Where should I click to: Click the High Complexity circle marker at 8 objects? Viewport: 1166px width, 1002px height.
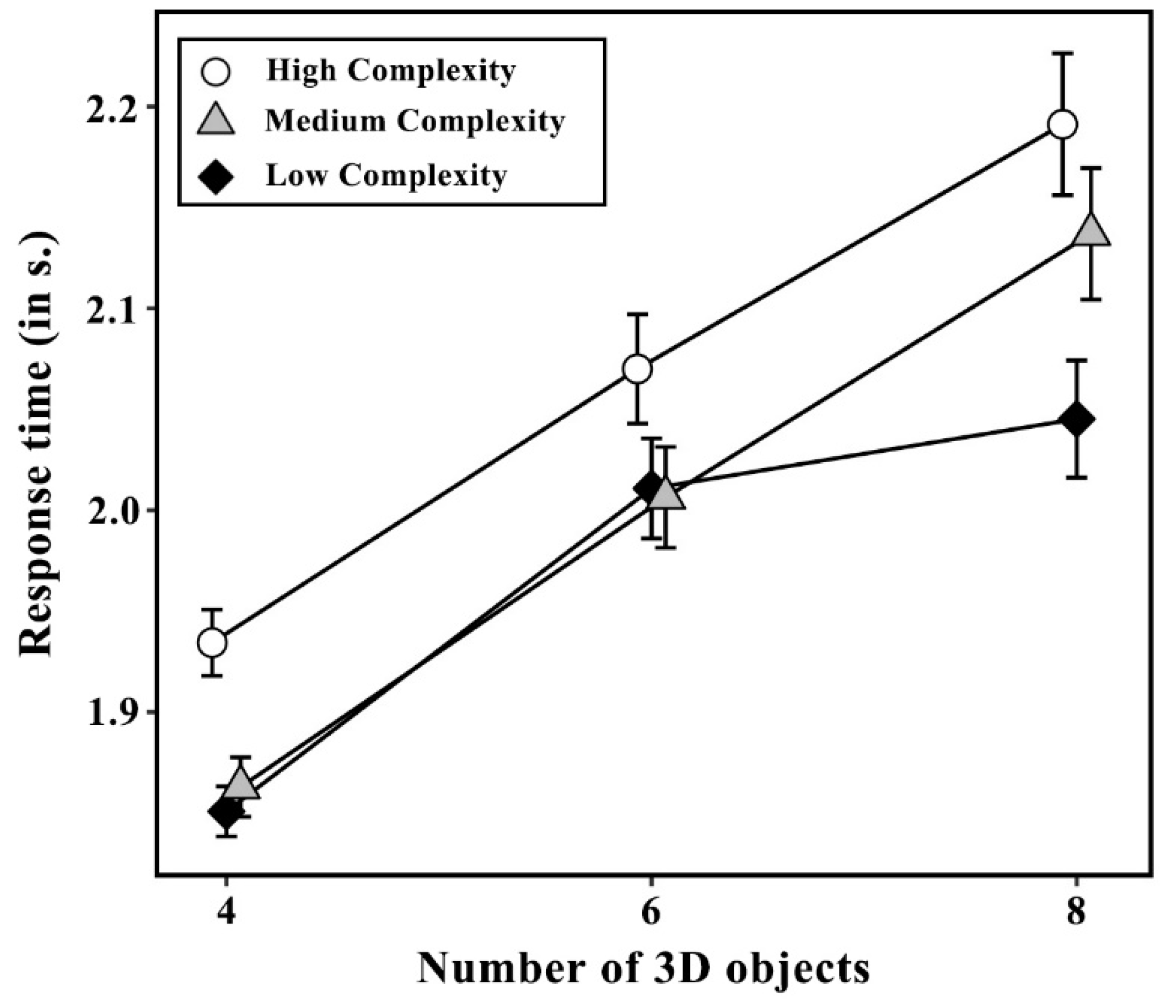[1063, 125]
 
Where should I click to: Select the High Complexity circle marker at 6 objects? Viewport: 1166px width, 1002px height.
[638, 369]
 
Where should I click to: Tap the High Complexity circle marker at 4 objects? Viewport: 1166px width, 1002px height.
[212, 642]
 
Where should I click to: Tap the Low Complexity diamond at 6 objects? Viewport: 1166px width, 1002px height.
[651, 487]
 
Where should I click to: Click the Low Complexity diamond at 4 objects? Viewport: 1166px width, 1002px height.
[225, 812]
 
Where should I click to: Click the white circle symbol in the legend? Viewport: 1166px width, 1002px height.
[216, 72]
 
